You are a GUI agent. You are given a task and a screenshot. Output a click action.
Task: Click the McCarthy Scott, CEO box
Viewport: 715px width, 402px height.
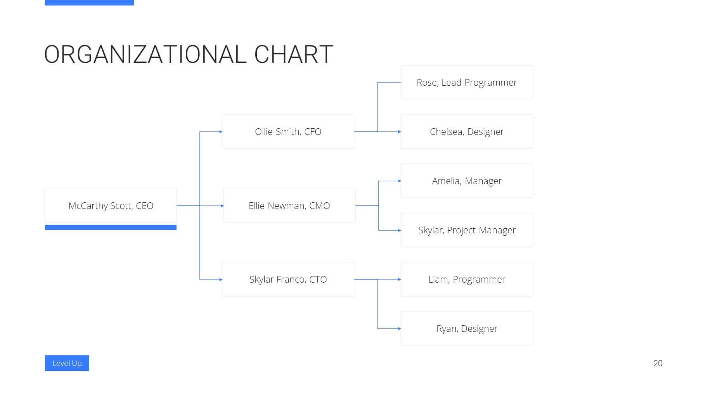111,205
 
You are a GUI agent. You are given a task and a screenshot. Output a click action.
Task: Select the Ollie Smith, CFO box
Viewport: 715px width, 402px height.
288,131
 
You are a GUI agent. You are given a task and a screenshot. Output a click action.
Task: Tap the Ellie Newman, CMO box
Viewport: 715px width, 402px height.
289,205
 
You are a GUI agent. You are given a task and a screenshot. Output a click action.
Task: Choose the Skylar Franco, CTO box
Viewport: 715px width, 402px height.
288,279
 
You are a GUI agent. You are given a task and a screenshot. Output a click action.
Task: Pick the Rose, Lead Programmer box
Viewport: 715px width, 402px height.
467,82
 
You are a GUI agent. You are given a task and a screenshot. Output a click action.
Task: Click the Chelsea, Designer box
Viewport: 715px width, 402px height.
467,131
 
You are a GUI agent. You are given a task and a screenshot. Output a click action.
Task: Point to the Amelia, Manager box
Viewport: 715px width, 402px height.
467,181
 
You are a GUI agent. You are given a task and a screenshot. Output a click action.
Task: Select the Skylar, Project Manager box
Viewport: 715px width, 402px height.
467,230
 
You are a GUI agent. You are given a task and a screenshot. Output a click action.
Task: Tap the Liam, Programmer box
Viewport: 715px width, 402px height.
467,279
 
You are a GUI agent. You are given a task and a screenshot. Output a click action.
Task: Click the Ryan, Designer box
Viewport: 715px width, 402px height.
467,328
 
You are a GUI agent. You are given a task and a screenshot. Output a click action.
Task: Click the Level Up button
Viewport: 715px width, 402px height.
67,363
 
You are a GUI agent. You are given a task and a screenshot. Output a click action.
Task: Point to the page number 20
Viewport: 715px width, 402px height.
658,363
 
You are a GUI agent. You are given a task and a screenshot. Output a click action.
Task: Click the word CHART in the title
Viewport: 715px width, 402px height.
294,54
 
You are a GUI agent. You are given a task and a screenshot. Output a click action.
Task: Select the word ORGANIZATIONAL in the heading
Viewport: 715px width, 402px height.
145,54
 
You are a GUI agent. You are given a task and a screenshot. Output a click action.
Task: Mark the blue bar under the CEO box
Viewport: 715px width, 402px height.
111,228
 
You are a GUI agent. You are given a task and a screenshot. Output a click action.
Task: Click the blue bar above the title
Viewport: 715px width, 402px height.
89,3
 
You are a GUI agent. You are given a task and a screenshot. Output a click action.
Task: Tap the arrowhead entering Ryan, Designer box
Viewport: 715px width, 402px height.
400,329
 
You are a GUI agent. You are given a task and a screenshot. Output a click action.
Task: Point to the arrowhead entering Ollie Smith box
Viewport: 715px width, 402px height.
221,132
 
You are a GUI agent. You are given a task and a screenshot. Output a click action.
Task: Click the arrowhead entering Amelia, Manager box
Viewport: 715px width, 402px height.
400,181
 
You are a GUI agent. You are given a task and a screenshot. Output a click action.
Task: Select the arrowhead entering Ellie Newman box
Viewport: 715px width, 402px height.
222,206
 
